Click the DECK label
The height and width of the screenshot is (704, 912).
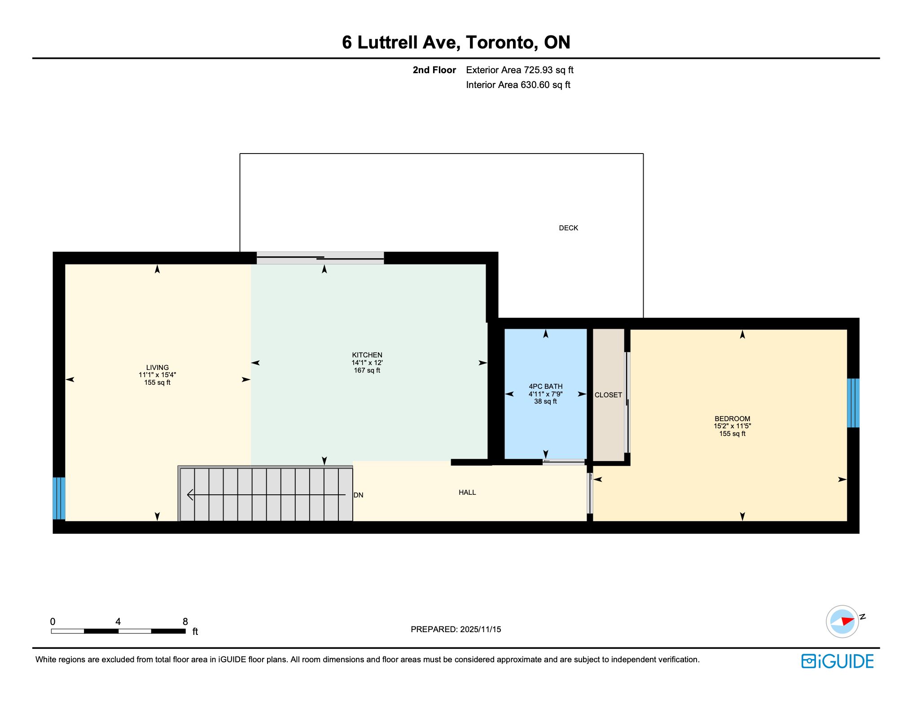(568, 228)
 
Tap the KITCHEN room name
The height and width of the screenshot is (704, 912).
(367, 355)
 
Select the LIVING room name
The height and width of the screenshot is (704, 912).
(157, 368)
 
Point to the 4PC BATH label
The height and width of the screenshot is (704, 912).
(545, 387)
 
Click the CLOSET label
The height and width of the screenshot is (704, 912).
(608, 395)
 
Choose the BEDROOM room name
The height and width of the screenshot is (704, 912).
(732, 419)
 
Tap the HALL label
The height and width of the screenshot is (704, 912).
(467, 493)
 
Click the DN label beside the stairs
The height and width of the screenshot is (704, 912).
(359, 495)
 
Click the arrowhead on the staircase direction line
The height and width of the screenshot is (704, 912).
(190, 495)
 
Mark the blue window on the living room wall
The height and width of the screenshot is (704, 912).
(59, 498)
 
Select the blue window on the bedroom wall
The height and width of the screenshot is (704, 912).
(853, 403)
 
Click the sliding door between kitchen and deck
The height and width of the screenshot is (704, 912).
(320, 258)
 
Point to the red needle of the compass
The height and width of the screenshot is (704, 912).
(847, 621)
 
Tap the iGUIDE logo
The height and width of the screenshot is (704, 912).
(837, 661)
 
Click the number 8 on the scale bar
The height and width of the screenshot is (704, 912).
(185, 622)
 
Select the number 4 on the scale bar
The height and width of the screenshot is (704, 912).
(118, 622)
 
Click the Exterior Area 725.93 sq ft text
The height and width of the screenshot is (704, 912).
(520, 70)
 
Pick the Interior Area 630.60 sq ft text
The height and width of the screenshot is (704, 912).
(518, 85)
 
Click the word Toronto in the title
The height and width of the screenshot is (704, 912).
(502, 42)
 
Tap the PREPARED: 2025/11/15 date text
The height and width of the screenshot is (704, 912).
(456, 629)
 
